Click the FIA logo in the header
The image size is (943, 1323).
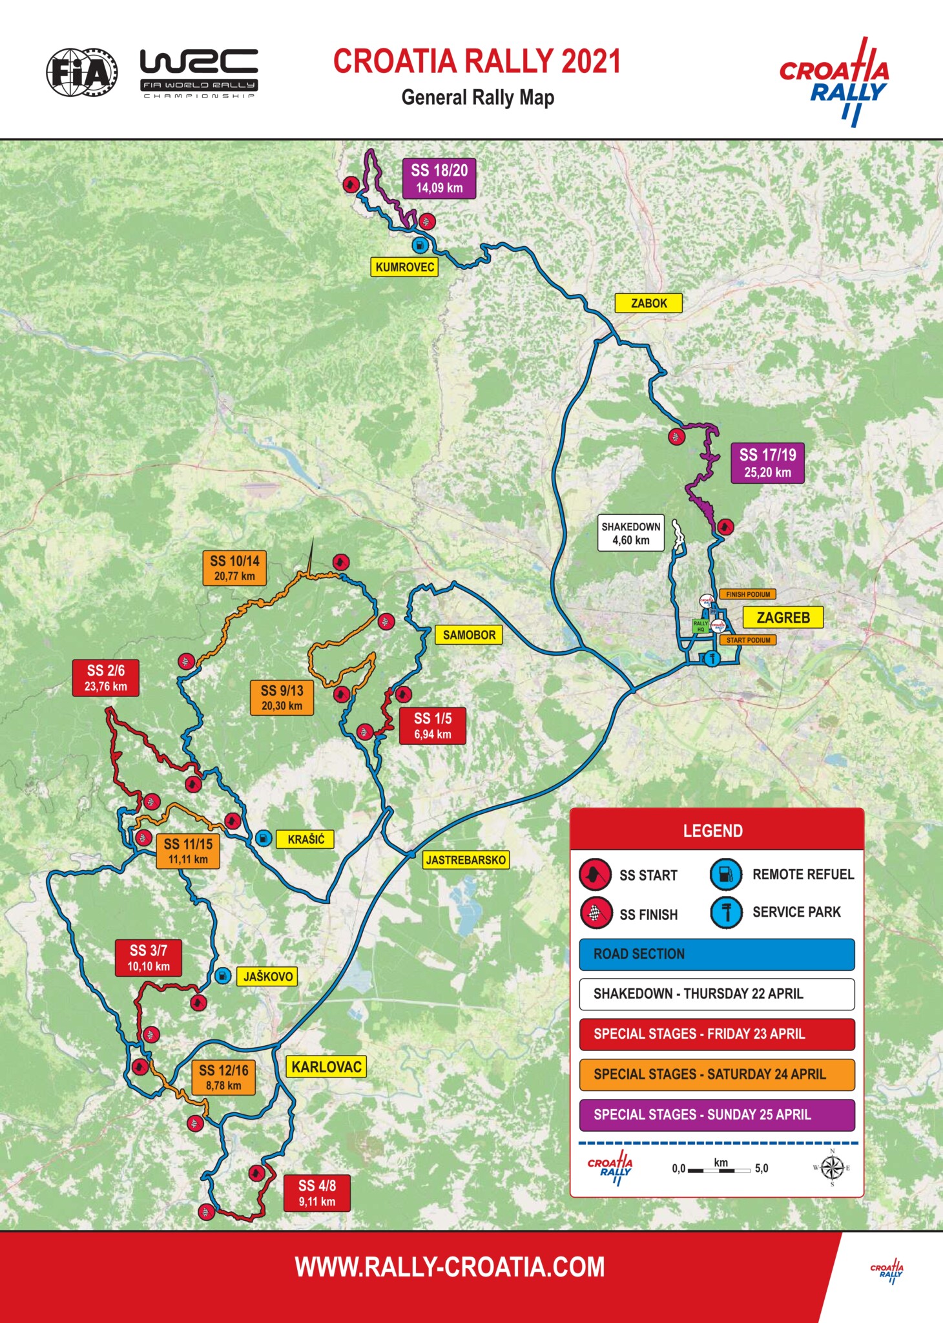point(81,72)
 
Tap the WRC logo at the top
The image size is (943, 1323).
point(199,72)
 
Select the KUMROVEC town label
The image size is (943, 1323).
point(404,267)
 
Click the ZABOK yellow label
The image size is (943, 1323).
point(648,303)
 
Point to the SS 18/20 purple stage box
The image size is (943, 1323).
point(439,178)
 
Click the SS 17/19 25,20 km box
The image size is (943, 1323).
point(767,463)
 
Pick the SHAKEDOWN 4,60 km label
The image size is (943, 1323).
point(630,533)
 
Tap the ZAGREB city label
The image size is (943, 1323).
point(783,618)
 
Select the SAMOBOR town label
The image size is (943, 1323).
point(469,635)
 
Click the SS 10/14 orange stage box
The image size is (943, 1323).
point(234,568)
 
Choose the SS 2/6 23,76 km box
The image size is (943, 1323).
point(106,677)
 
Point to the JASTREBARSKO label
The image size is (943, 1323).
point(466,860)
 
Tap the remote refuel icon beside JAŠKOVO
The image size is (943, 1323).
point(222,975)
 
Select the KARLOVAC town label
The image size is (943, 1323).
point(326,1067)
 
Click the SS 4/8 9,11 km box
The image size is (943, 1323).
point(316,1193)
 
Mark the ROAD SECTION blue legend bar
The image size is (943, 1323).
point(716,954)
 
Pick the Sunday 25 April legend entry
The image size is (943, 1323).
point(716,1114)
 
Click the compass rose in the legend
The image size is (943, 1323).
point(832,1168)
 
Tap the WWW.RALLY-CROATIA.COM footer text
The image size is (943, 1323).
point(450,1267)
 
